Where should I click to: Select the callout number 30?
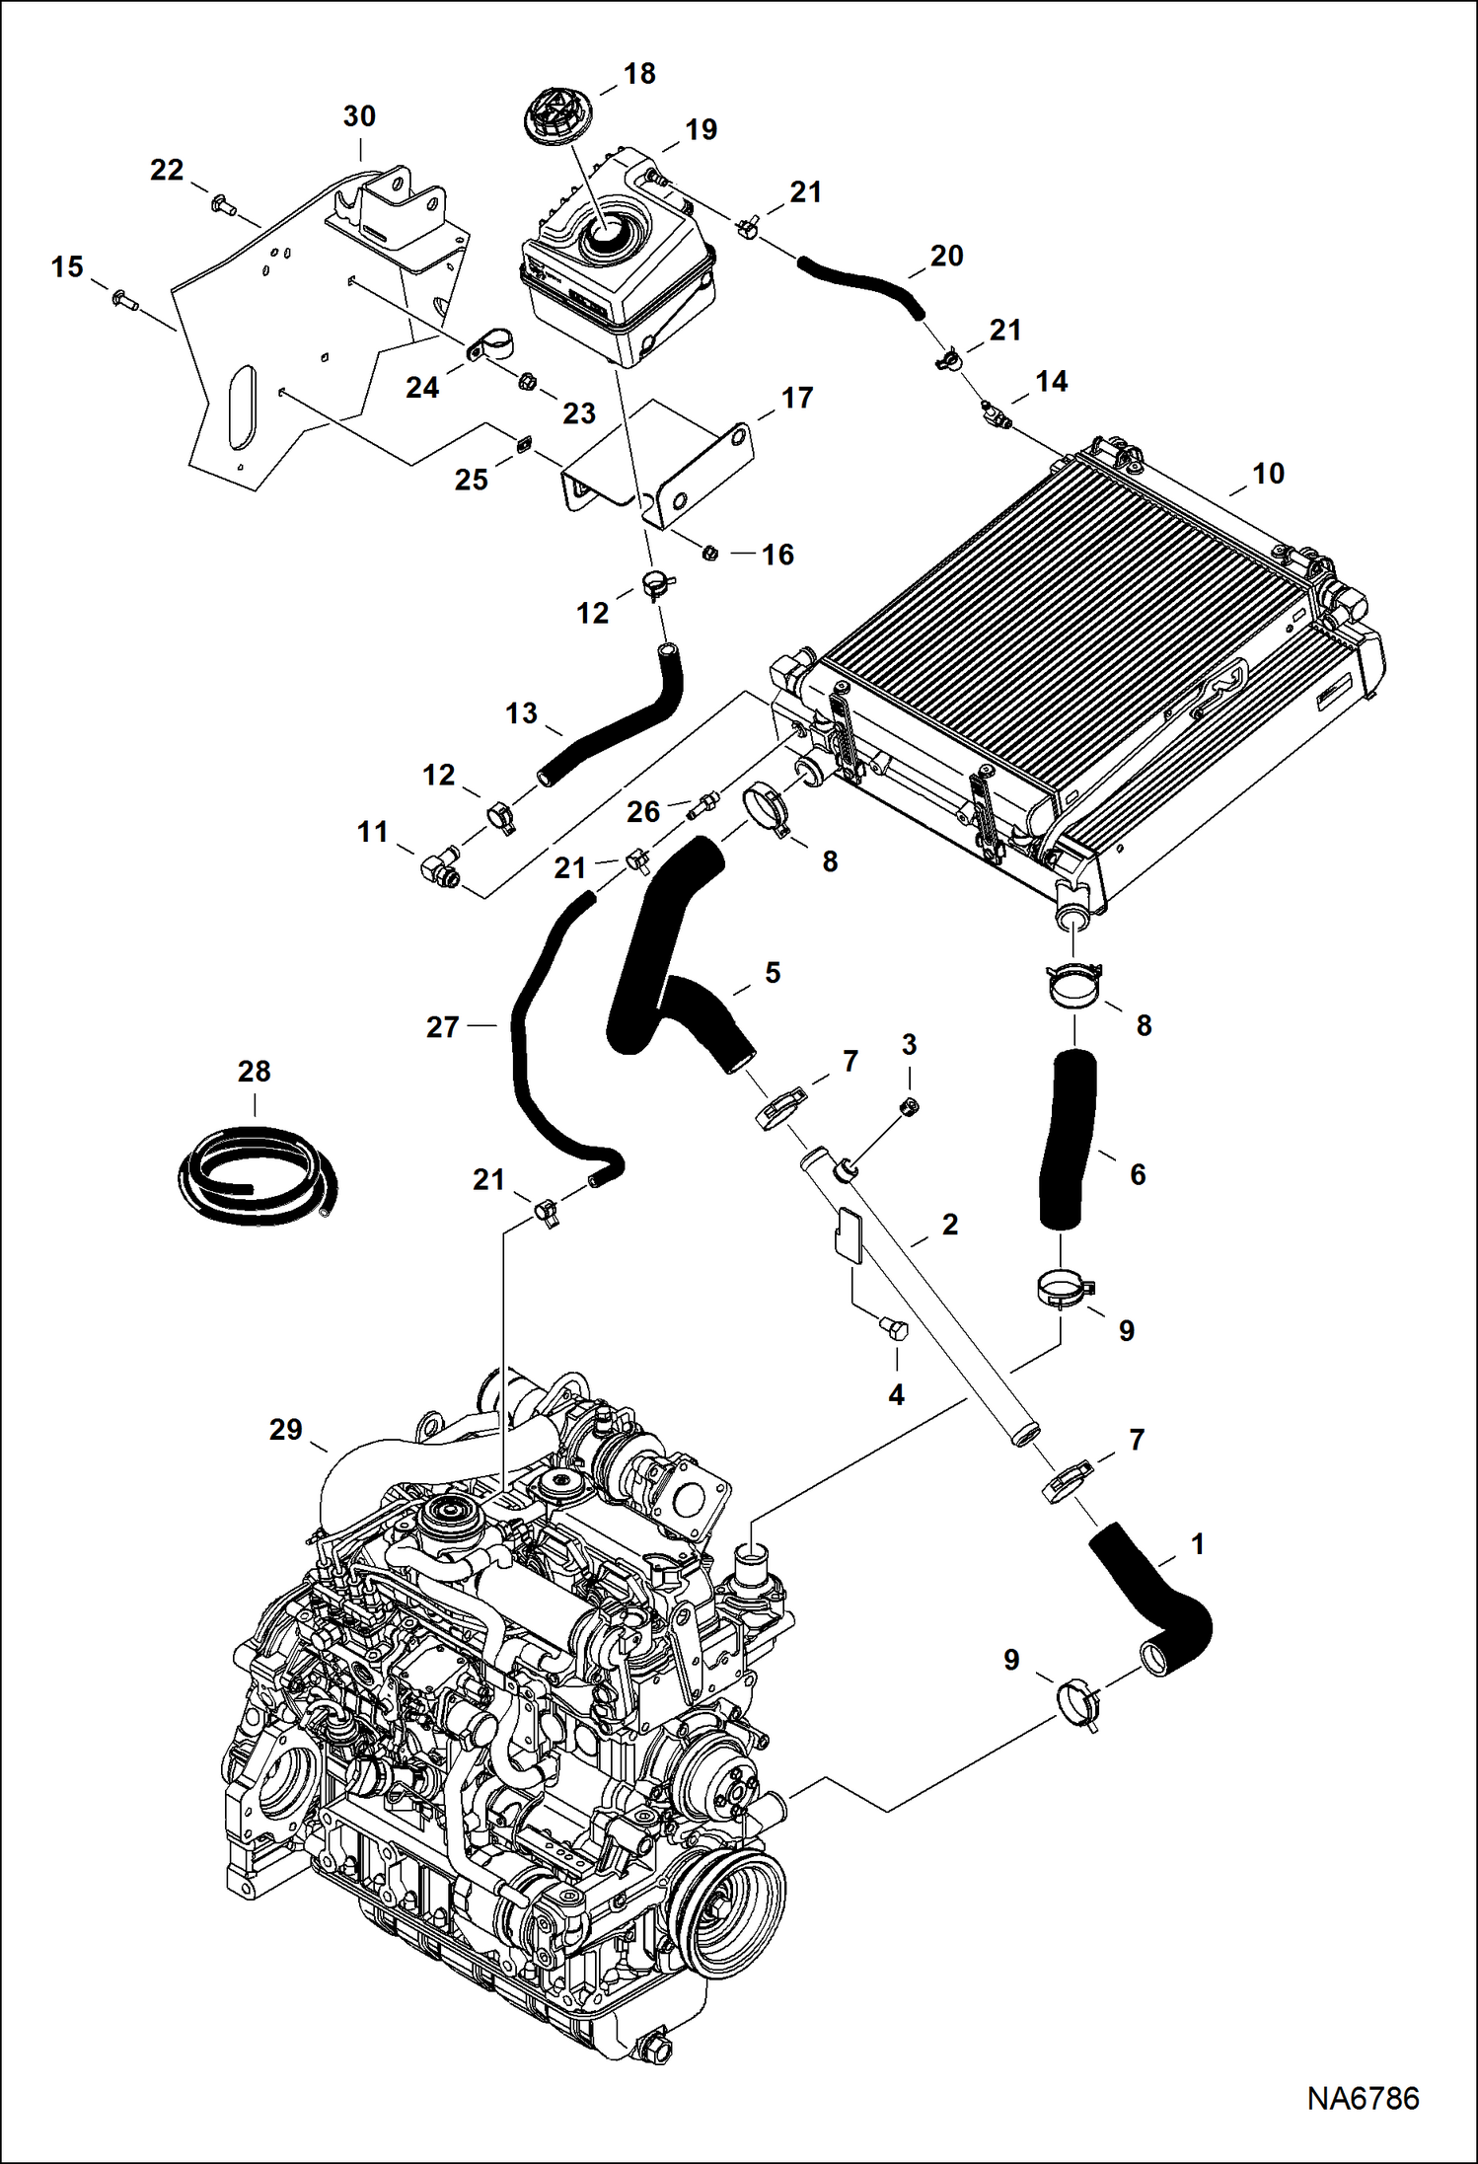point(359,116)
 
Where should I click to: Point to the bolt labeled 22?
point(221,205)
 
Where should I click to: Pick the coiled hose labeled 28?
point(258,1177)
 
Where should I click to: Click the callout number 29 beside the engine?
point(285,1429)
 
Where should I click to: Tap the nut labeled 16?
point(708,553)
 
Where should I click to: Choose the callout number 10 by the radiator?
point(1268,474)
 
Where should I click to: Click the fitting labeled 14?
point(995,415)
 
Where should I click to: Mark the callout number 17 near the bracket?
point(797,398)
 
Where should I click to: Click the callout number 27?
point(443,1027)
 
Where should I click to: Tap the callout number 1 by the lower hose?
point(1197,1544)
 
